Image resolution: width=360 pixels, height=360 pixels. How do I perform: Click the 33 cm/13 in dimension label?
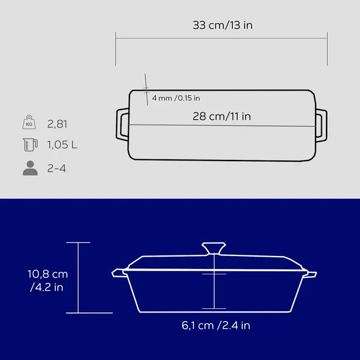(223, 25)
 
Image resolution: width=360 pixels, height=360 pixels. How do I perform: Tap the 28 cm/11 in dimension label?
(222, 116)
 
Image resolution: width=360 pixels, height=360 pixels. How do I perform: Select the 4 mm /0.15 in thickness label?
(176, 98)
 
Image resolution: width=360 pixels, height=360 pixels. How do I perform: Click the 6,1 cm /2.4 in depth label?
(216, 325)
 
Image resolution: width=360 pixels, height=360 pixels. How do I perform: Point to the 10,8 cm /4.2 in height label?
(48, 280)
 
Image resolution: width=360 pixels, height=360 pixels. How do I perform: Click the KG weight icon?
(29, 122)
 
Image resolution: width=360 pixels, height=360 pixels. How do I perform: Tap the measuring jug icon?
(30, 145)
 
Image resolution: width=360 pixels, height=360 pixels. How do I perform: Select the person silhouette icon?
(30, 168)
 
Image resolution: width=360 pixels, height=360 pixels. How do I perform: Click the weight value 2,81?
(57, 124)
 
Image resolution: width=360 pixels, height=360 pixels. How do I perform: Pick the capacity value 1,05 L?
(62, 145)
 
